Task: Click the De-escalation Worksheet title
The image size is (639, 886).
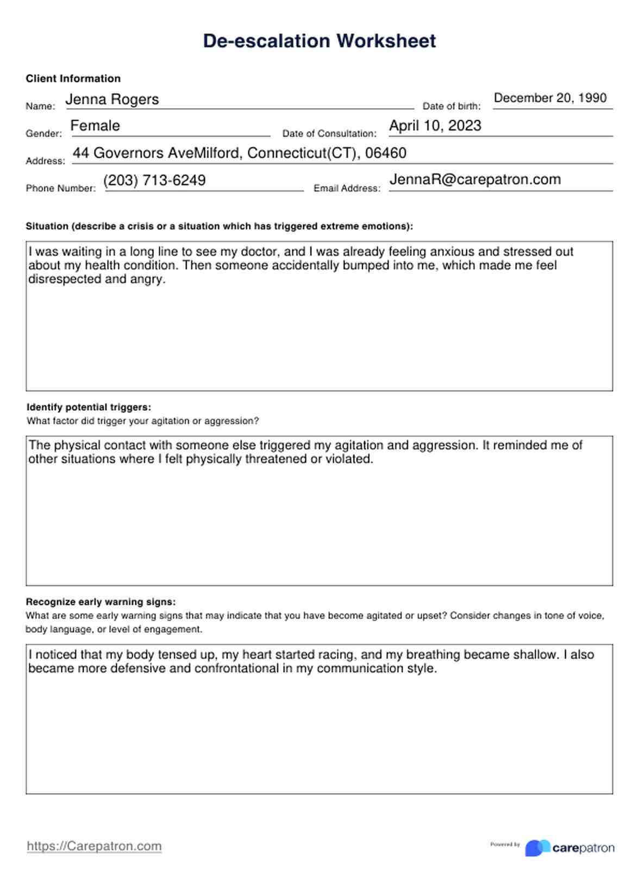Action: coord(319,41)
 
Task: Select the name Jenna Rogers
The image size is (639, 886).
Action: coord(112,99)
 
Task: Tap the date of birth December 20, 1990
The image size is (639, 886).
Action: coord(550,98)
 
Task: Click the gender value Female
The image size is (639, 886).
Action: coord(95,126)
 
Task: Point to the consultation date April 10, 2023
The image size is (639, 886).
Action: coord(435,126)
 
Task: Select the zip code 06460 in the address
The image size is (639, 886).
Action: coord(386,153)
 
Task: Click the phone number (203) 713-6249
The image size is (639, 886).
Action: coord(154,180)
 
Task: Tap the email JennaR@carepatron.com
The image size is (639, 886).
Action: coord(475,180)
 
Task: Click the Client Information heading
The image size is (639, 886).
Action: coord(73,79)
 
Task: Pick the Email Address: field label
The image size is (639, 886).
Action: coord(347,189)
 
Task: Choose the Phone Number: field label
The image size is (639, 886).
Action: coord(60,189)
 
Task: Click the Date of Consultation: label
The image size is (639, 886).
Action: coord(329,134)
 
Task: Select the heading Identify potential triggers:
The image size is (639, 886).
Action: coord(89,407)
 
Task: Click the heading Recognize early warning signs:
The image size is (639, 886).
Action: coord(101,602)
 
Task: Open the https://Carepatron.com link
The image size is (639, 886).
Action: coord(94,846)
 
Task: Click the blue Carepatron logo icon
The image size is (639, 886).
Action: coord(537,848)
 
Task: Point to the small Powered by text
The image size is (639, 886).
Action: coord(505,845)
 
